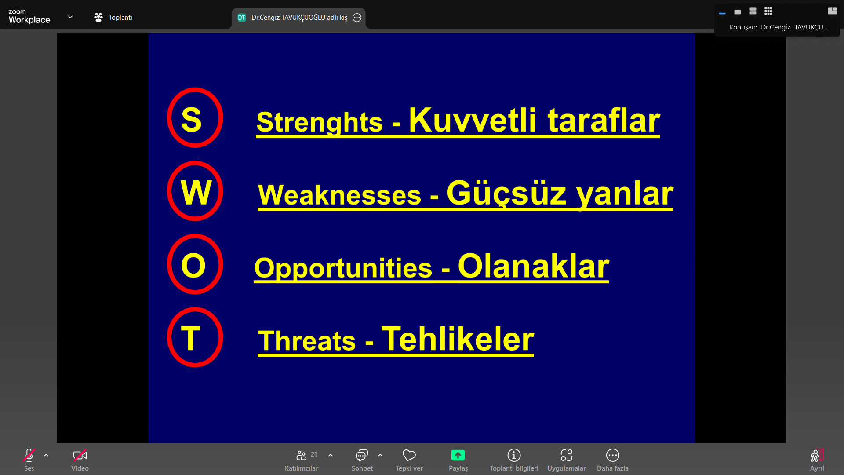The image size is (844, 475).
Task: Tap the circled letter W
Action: pos(196,192)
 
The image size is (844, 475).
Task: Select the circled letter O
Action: pos(193,265)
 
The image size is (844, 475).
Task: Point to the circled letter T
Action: pos(191,338)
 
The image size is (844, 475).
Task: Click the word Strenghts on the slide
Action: pos(320,122)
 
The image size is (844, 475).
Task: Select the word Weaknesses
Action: pos(339,195)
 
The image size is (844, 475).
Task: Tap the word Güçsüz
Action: pos(507,194)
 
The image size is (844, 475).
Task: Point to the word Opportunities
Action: pos(343,268)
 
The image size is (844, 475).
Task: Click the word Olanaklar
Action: pos(534,266)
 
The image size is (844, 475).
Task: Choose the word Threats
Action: pos(307,341)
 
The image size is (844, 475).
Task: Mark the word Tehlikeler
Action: pos(458,339)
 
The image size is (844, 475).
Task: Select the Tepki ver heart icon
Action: pos(409,455)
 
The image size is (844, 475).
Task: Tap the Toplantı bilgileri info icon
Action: pos(514,455)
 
